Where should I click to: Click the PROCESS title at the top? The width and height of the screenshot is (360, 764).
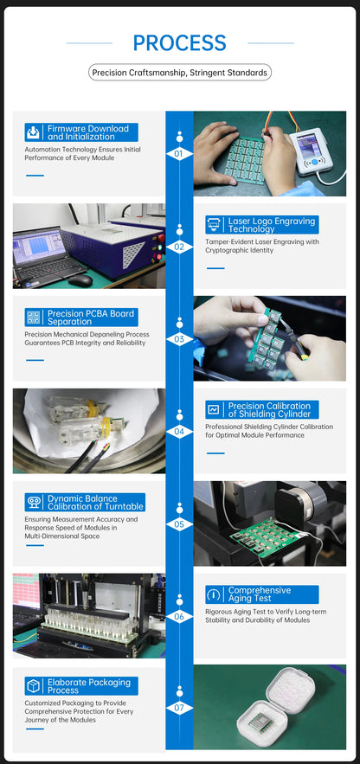tap(179, 43)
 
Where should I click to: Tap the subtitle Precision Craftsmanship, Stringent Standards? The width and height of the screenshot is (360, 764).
tap(180, 73)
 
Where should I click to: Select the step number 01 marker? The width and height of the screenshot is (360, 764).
tap(179, 154)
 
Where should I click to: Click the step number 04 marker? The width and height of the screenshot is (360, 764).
tap(179, 432)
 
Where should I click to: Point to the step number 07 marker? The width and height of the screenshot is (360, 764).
tap(179, 708)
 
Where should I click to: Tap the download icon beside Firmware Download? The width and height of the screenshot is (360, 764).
tap(33, 132)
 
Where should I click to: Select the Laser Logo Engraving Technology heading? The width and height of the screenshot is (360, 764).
tap(272, 225)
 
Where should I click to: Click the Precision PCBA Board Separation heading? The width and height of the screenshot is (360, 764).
tap(91, 318)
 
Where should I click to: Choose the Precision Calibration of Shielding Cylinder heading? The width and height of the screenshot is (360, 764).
tap(269, 410)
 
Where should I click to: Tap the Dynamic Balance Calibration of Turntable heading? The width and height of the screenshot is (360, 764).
tap(95, 502)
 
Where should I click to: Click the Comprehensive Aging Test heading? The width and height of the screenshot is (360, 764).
tap(260, 594)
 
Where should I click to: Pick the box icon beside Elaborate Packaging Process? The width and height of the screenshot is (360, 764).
tap(33, 686)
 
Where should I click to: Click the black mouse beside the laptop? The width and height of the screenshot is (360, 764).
tap(80, 280)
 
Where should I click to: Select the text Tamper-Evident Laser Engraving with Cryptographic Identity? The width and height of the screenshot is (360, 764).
tap(262, 246)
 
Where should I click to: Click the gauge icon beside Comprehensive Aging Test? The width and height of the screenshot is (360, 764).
tap(213, 594)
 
